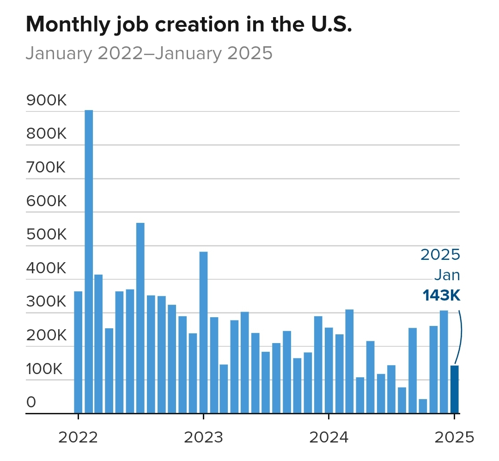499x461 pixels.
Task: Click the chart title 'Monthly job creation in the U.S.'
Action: (x=189, y=25)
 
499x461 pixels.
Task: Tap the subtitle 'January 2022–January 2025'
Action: (x=149, y=53)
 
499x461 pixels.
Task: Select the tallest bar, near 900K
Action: (x=89, y=261)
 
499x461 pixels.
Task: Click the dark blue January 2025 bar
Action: (x=455, y=389)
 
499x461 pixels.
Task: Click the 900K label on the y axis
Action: (x=47, y=100)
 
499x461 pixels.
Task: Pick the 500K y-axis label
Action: (x=47, y=235)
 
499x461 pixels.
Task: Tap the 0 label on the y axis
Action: (x=31, y=402)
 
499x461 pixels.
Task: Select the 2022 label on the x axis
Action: (x=78, y=437)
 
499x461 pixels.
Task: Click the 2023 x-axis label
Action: (x=203, y=437)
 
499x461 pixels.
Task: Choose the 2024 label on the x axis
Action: (x=329, y=437)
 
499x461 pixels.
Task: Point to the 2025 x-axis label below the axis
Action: (x=454, y=437)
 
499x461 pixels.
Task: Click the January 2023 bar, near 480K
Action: (x=203, y=332)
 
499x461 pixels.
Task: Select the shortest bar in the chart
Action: (x=423, y=406)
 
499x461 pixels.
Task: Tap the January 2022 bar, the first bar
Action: (x=78, y=352)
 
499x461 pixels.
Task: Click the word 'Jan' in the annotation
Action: (x=447, y=275)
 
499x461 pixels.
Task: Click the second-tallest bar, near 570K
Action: (x=140, y=318)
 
